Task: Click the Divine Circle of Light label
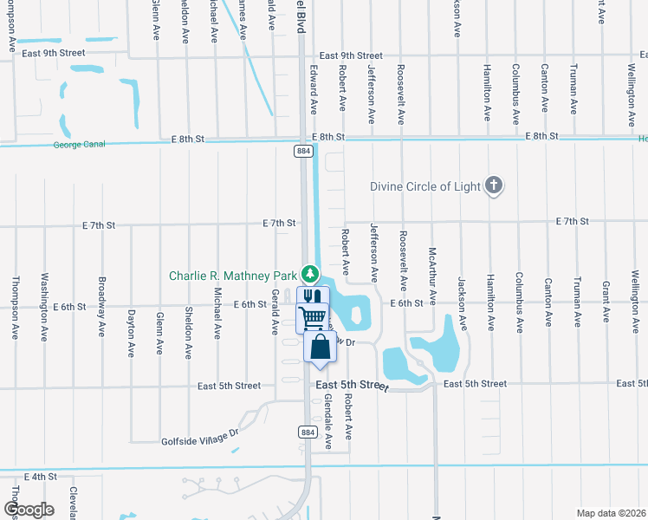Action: click(425, 185)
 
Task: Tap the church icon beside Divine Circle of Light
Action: click(494, 185)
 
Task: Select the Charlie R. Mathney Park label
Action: click(233, 276)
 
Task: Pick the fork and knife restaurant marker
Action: click(313, 296)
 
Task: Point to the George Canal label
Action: click(79, 145)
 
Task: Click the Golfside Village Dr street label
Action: click(199, 439)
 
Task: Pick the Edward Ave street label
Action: click(313, 89)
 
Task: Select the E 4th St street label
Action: click(41, 477)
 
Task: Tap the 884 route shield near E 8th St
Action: click(303, 151)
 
